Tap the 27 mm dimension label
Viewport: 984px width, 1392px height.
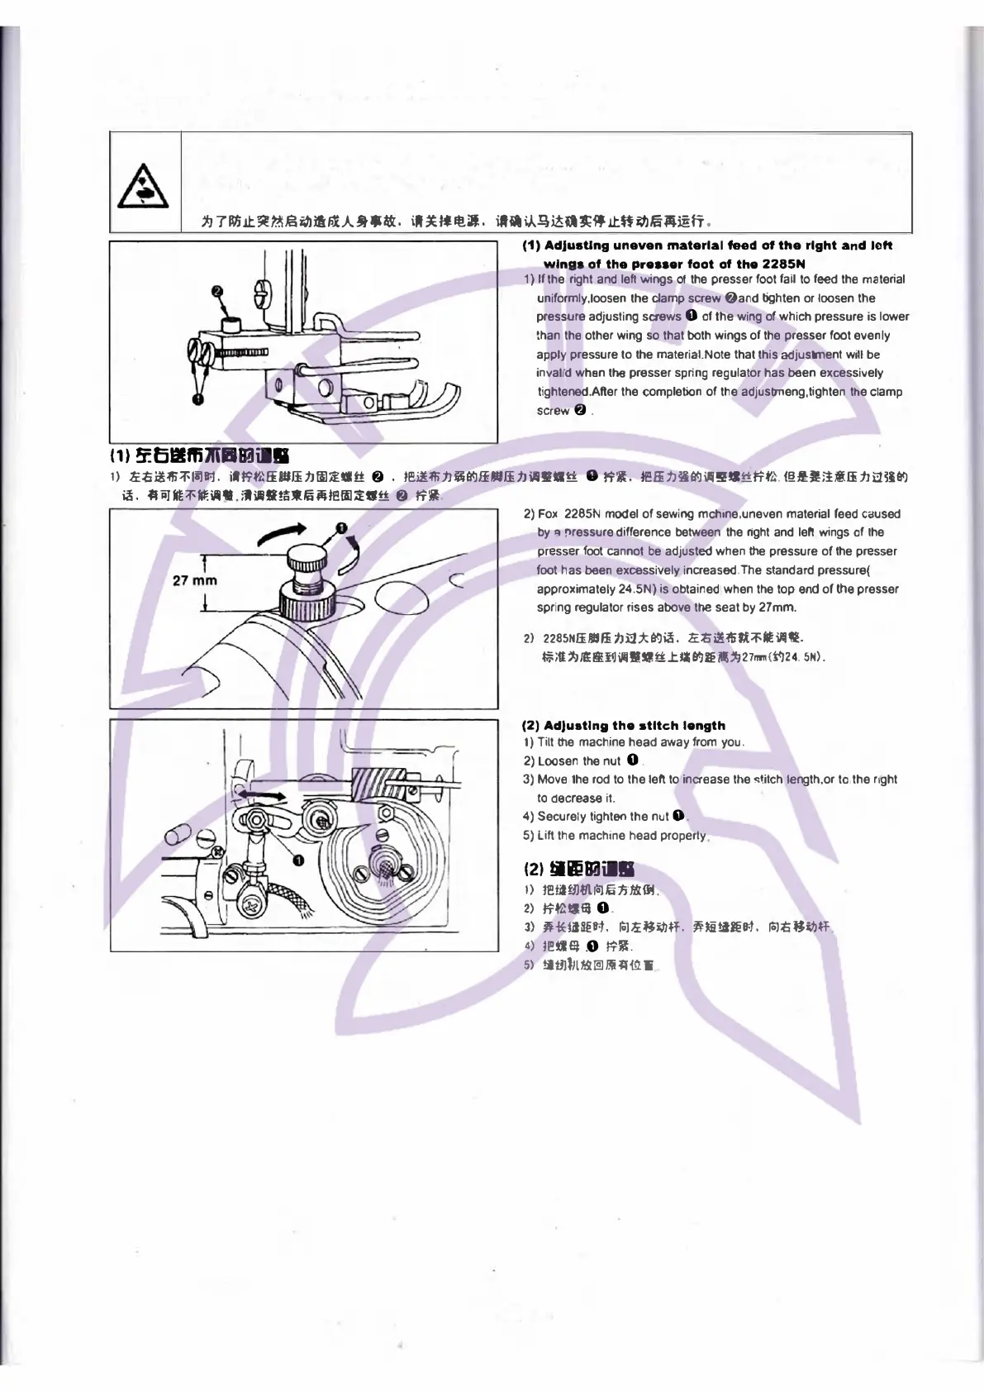[194, 580]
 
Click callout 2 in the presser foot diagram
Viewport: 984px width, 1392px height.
[217, 292]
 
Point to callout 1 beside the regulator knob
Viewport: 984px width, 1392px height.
[341, 529]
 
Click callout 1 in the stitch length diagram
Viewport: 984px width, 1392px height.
[299, 860]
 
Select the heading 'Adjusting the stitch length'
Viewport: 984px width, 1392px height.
[625, 726]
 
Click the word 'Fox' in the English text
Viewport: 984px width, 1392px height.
[549, 514]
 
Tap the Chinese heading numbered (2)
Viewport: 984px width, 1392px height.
[579, 869]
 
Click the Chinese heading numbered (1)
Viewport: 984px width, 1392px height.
[199, 455]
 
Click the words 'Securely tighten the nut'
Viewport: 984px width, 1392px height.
[603, 817]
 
